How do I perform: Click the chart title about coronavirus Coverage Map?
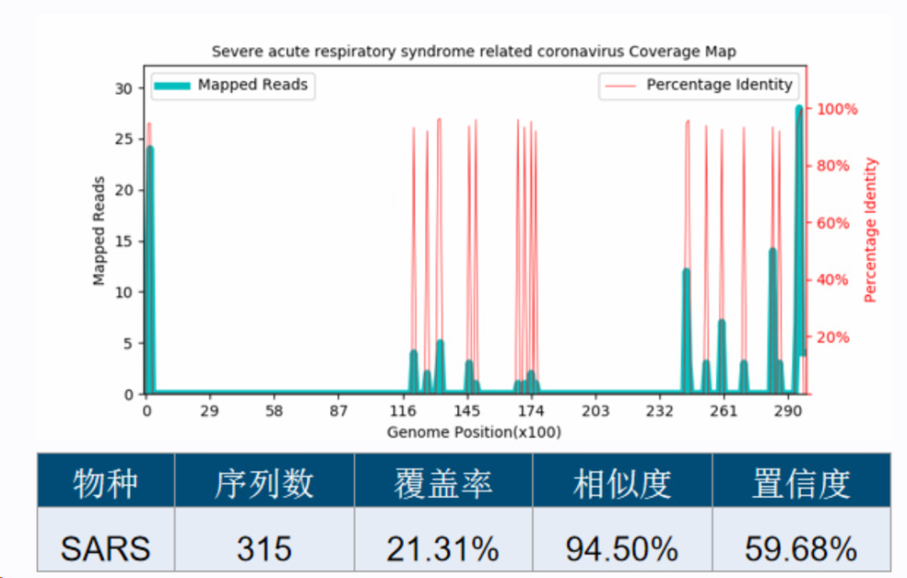click(x=474, y=52)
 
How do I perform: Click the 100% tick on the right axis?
click(x=836, y=109)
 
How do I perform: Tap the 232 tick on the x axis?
click(x=659, y=412)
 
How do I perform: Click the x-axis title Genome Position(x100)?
click(x=474, y=432)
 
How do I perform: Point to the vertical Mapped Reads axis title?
click(x=99, y=231)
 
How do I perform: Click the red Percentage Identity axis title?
click(x=870, y=230)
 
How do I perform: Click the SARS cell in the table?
click(x=105, y=549)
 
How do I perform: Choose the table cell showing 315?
click(x=264, y=549)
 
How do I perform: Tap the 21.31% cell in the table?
click(x=443, y=549)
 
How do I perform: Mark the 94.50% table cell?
click(x=621, y=549)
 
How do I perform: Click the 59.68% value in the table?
click(x=800, y=549)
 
